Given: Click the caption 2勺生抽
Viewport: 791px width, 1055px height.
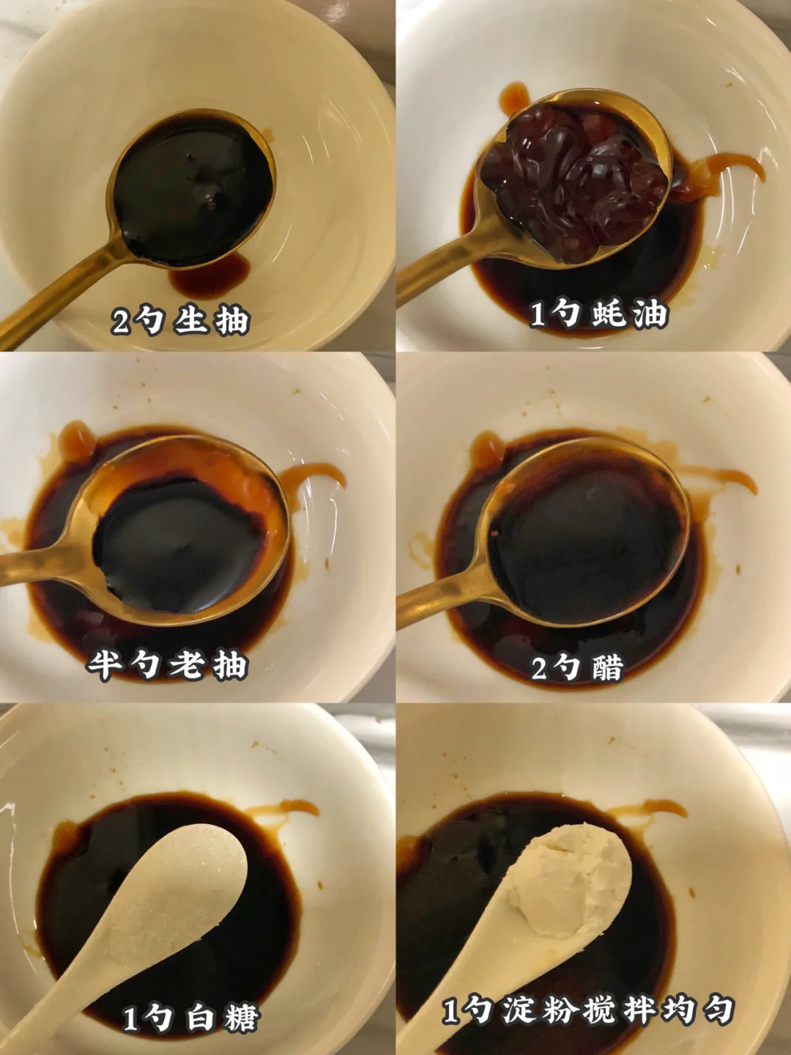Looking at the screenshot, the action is click(181, 321).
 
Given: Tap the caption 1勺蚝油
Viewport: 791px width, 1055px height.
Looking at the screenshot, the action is click(599, 315).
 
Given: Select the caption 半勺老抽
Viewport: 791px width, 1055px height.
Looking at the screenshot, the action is click(167, 665).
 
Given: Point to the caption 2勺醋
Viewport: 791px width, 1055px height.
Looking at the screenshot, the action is click(577, 667).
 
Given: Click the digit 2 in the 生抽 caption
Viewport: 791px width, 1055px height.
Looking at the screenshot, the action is click(120, 321).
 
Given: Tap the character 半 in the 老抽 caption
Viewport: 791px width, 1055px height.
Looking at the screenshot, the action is click(103, 666).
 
